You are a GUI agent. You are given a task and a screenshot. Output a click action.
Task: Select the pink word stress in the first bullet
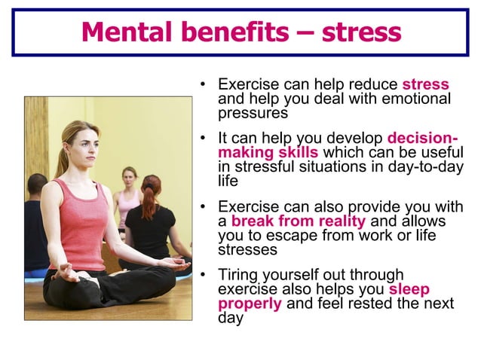click(x=425, y=84)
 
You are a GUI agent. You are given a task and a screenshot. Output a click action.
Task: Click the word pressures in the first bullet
click(x=253, y=113)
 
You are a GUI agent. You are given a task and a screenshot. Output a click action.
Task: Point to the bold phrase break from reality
click(x=299, y=221)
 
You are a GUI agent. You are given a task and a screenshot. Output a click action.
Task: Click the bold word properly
click(x=250, y=304)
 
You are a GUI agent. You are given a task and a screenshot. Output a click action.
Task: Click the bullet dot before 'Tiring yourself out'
click(x=203, y=276)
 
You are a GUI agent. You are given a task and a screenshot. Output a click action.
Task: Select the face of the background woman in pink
click(x=130, y=178)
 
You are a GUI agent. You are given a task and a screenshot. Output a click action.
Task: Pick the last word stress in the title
click(x=361, y=32)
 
